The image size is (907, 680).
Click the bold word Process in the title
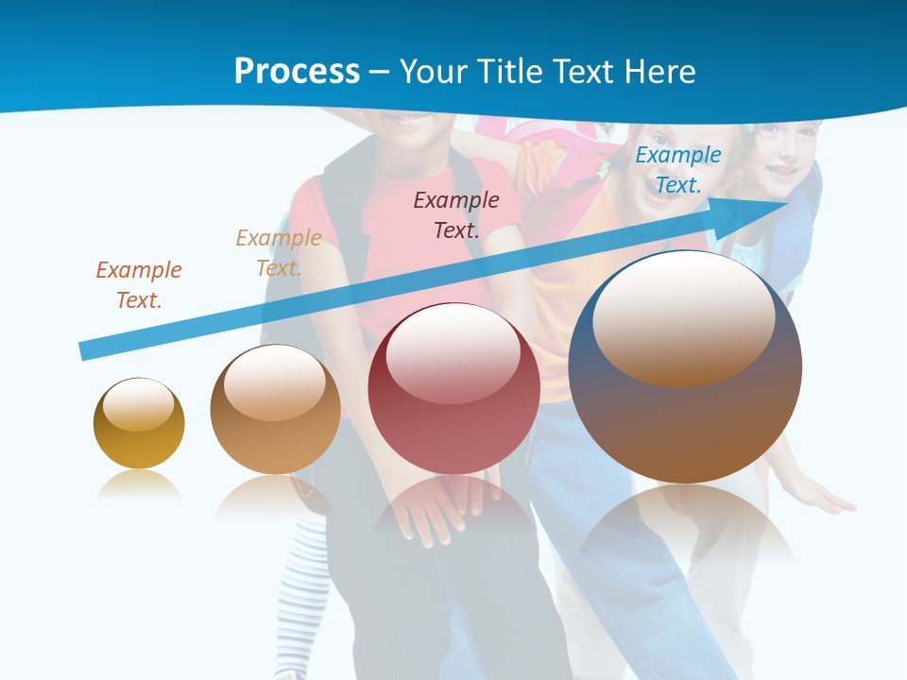pos(297,72)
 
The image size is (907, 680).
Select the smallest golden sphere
pos(139,424)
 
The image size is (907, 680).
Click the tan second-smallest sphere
pos(275,410)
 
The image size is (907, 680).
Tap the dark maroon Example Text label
pos(456,214)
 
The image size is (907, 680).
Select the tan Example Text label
pos(278,252)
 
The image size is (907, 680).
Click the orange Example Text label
pos(138,284)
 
